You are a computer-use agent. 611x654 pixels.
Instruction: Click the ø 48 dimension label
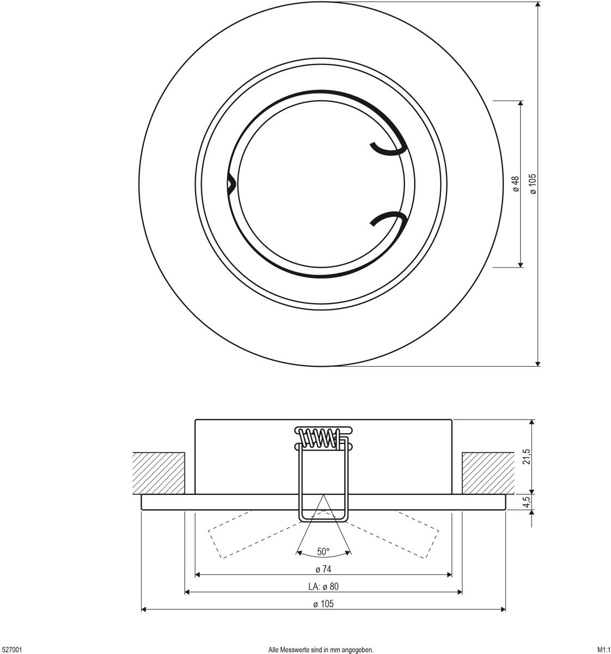516,184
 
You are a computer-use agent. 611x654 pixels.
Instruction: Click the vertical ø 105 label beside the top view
533,184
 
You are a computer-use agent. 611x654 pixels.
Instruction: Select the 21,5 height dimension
527,457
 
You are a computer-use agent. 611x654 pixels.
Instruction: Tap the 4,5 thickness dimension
527,502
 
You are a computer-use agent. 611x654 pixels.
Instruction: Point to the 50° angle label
323,552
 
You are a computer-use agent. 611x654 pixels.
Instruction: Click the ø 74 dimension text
323,569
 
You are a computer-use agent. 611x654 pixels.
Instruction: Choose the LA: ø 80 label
323,586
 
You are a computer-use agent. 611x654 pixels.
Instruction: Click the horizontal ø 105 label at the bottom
323,604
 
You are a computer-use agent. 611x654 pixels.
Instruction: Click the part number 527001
11,650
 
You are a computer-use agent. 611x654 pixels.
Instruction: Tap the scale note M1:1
604,650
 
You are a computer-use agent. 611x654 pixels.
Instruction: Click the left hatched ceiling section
158,473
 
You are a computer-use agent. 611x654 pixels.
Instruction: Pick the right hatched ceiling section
488,473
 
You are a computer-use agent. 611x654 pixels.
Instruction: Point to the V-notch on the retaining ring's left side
232,184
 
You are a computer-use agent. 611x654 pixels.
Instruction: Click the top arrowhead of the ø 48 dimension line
521,103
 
